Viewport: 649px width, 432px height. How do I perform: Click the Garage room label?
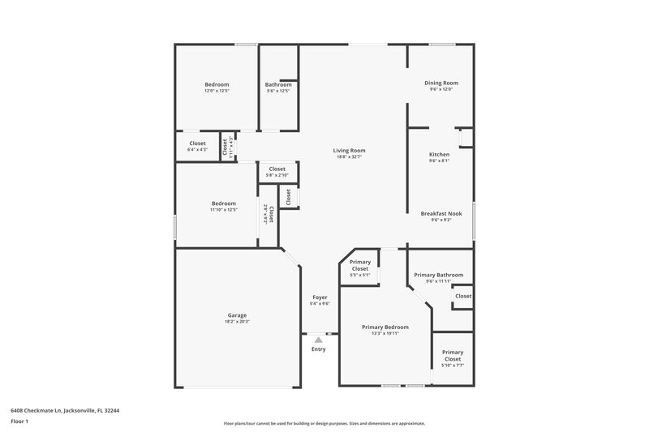click(237, 315)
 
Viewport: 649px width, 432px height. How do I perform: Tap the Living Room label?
click(349, 150)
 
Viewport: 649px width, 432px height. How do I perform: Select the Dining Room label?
click(441, 82)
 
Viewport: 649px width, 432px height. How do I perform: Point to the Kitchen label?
click(439, 154)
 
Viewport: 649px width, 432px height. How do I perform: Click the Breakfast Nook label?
click(441, 213)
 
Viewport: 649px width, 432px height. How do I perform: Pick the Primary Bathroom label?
click(438, 275)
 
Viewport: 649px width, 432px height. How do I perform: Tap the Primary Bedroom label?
click(385, 327)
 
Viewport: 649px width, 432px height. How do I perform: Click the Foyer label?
click(320, 297)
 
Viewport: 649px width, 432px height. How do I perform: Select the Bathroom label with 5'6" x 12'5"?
click(278, 84)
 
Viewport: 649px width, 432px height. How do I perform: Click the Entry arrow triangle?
click(318, 340)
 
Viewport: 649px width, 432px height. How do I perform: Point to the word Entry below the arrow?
click(318, 349)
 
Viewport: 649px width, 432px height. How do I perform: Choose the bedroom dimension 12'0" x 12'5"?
click(217, 91)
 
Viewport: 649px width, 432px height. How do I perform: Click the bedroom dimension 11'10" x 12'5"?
click(224, 210)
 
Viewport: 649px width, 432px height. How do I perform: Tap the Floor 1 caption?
click(19, 421)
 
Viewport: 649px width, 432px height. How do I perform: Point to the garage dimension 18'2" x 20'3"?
click(237, 322)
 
